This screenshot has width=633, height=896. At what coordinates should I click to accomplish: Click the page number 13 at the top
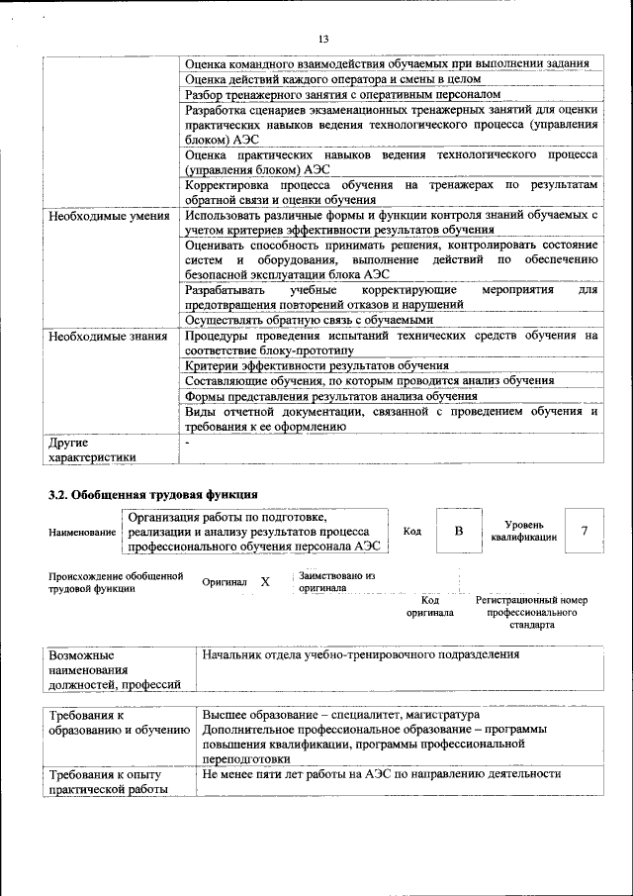(x=322, y=39)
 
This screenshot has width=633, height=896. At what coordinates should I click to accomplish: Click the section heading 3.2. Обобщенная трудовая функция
(x=153, y=492)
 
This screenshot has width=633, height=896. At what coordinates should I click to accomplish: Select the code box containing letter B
(x=458, y=532)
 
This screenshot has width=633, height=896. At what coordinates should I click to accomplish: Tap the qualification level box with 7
(x=585, y=532)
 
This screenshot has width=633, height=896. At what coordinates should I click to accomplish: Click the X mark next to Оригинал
(x=264, y=582)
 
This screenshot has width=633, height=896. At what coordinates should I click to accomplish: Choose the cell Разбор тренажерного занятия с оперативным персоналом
(x=343, y=94)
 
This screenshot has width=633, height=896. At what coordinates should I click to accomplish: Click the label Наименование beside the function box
(x=82, y=533)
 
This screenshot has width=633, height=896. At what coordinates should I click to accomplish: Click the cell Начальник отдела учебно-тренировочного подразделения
(x=360, y=655)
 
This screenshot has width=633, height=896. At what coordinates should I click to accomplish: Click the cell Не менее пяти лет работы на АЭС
(x=381, y=774)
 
